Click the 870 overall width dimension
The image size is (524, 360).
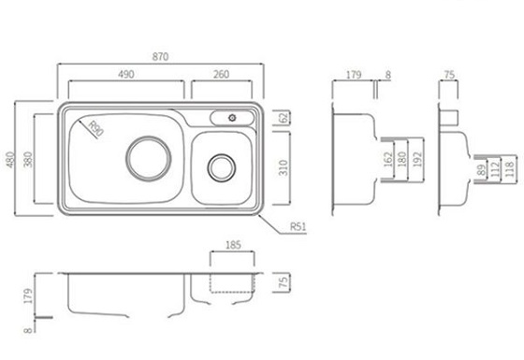[x=160, y=57]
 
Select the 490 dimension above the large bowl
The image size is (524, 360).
[x=126, y=74]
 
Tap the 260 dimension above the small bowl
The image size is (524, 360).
[x=221, y=74]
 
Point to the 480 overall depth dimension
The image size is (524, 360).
[x=10, y=160]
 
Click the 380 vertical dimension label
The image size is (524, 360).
[x=29, y=159]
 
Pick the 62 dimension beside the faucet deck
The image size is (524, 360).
[x=284, y=118]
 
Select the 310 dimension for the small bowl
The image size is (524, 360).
[x=284, y=167]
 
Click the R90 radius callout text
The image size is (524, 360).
[x=95, y=128]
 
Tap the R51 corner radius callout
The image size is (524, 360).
[x=298, y=226]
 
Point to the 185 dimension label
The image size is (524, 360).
[x=233, y=245]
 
